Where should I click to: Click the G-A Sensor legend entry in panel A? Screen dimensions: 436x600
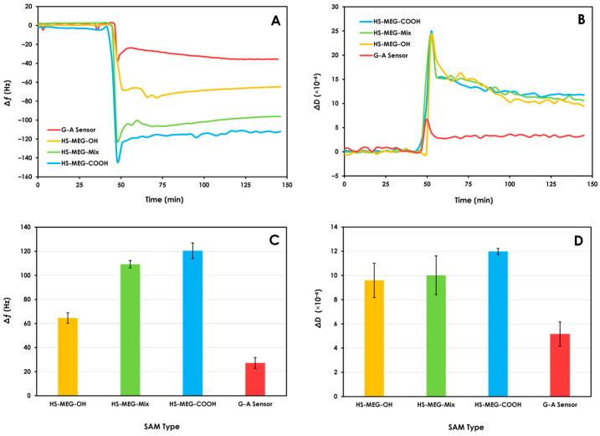[x=69, y=131]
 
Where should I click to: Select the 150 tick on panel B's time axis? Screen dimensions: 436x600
[x=591, y=185]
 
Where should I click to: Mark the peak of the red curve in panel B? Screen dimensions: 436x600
[x=427, y=119]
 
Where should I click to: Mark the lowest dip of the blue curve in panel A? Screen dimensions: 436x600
[x=118, y=162]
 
